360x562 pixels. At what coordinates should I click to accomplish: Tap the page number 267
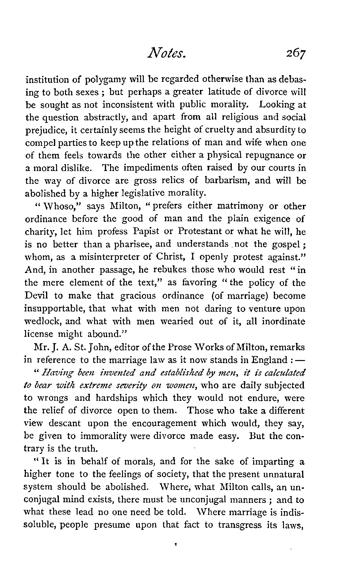click(290, 55)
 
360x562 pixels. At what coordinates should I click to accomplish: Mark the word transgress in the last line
click(240, 525)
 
